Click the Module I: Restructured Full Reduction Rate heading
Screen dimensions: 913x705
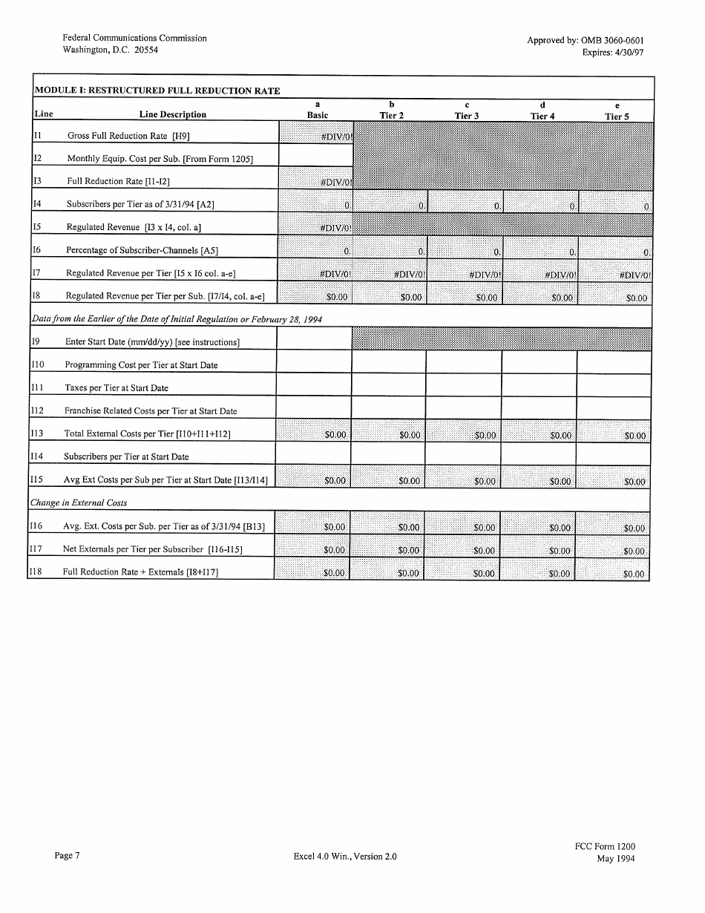158,91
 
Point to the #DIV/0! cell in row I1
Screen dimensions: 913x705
315,137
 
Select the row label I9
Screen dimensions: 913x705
36,341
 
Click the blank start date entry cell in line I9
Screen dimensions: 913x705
314,339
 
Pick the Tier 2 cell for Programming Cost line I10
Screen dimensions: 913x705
388,361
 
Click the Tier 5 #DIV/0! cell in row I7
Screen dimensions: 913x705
615,274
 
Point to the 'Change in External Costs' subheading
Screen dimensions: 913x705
78,503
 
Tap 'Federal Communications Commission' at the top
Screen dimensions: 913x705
134,38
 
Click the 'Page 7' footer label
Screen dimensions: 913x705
67,856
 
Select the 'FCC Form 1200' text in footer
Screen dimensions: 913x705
604,846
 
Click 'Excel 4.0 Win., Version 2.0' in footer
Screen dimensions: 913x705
345,857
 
